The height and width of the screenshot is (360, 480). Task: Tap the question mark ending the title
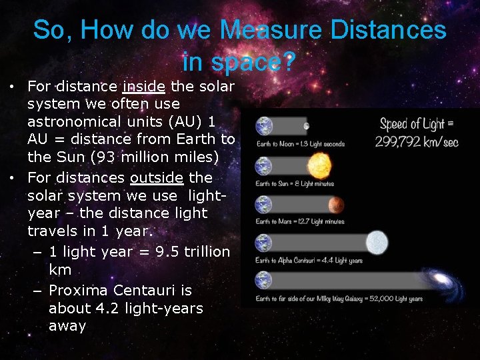288,62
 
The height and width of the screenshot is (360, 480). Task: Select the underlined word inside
144,86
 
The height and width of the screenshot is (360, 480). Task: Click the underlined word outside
157,178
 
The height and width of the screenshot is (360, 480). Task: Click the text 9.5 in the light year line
151,251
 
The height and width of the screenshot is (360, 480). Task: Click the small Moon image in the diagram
306,125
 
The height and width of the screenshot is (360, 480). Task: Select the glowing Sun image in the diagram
319,165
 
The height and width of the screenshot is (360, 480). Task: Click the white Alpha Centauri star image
377,242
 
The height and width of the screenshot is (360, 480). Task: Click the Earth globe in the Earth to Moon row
264,126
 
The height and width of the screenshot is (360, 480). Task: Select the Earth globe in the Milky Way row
264,281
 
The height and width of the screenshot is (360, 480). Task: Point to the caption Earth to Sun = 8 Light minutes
294,183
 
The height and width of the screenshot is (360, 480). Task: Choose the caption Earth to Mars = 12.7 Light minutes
300,221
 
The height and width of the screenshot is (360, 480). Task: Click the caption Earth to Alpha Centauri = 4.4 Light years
309,260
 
